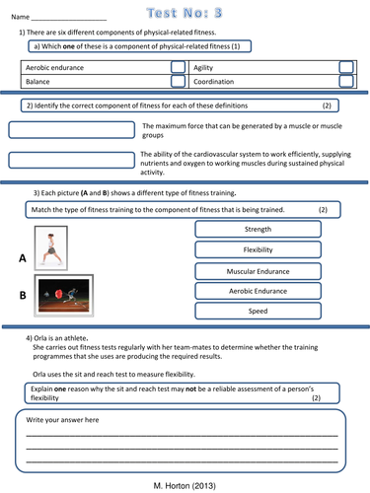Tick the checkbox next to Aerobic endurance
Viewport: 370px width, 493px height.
click(x=177, y=67)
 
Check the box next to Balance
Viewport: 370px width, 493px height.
click(x=177, y=83)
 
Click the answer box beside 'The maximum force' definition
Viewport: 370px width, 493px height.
click(x=71, y=129)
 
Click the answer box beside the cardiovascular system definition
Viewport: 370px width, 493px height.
click(x=71, y=160)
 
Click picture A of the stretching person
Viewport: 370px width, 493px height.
click(x=50, y=247)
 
